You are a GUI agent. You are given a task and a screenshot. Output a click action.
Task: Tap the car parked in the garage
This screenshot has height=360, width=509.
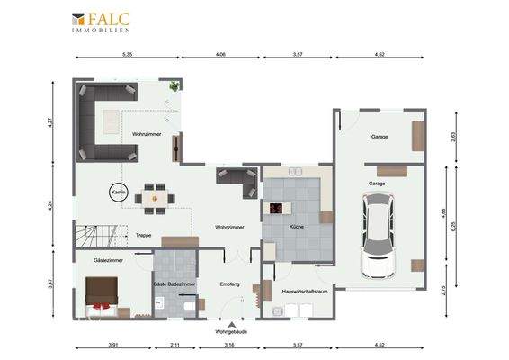[377, 236]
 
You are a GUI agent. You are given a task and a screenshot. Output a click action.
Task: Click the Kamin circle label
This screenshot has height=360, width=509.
[116, 193]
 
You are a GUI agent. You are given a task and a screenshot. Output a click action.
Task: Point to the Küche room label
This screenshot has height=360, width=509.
[296, 228]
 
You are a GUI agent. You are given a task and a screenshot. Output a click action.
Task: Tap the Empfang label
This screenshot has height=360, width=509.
[230, 284]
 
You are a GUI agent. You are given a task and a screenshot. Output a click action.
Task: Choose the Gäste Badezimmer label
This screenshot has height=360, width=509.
[174, 284]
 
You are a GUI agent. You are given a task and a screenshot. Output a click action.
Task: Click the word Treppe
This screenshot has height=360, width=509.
[143, 235]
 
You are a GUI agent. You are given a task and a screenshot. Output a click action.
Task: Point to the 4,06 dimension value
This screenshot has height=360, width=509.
[221, 55]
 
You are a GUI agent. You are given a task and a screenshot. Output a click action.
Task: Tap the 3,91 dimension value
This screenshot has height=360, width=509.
[113, 345]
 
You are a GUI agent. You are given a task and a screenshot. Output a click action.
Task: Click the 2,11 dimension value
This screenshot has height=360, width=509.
[174, 345]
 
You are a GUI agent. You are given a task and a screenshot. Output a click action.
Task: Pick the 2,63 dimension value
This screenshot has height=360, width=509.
[455, 137]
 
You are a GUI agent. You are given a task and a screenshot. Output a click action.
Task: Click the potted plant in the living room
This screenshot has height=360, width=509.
[174, 86]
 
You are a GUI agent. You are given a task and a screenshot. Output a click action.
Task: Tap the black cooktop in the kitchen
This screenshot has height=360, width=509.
[276, 210]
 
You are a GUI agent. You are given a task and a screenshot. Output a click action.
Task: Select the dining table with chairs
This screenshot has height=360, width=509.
[156, 194]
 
